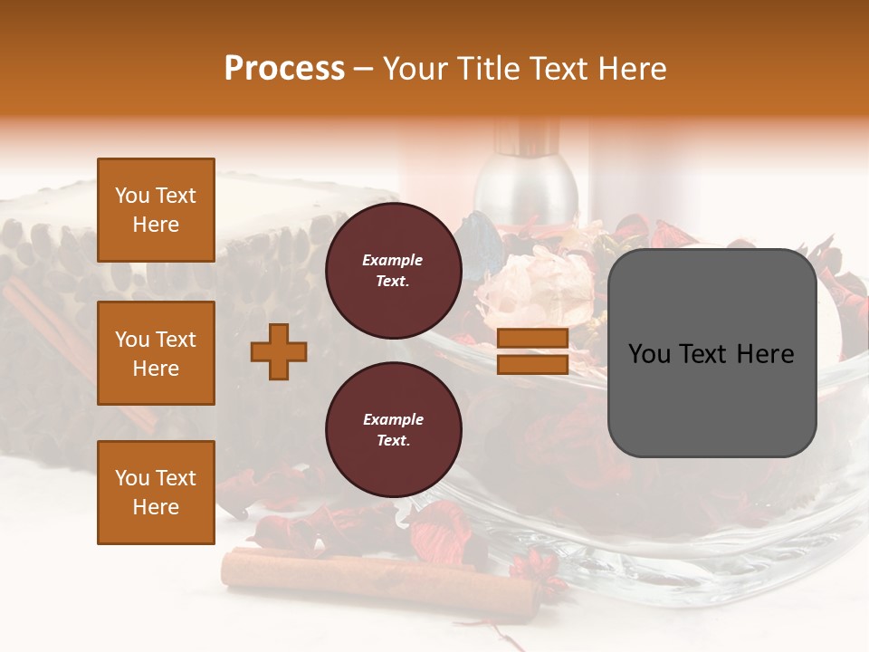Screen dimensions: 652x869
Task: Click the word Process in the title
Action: (284, 68)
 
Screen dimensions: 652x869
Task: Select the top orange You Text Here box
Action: (156, 210)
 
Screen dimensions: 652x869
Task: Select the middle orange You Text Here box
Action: (156, 353)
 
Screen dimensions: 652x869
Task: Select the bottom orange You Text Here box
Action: (156, 492)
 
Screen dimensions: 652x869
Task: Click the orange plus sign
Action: (279, 351)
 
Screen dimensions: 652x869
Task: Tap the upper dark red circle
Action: (394, 270)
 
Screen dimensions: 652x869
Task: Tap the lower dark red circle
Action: (394, 429)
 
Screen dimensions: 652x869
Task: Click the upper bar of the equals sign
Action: (533, 339)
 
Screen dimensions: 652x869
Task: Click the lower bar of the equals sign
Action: (533, 364)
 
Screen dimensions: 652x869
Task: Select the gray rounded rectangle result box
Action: (711, 353)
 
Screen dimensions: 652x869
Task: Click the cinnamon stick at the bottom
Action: (380, 575)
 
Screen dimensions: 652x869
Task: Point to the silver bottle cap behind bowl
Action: (528, 181)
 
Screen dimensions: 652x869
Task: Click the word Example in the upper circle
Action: (393, 260)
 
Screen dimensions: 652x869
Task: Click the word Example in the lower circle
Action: (393, 419)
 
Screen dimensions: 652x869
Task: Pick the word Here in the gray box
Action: (766, 354)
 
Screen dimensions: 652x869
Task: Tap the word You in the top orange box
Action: (132, 196)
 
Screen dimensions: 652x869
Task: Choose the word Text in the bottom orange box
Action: (176, 478)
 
